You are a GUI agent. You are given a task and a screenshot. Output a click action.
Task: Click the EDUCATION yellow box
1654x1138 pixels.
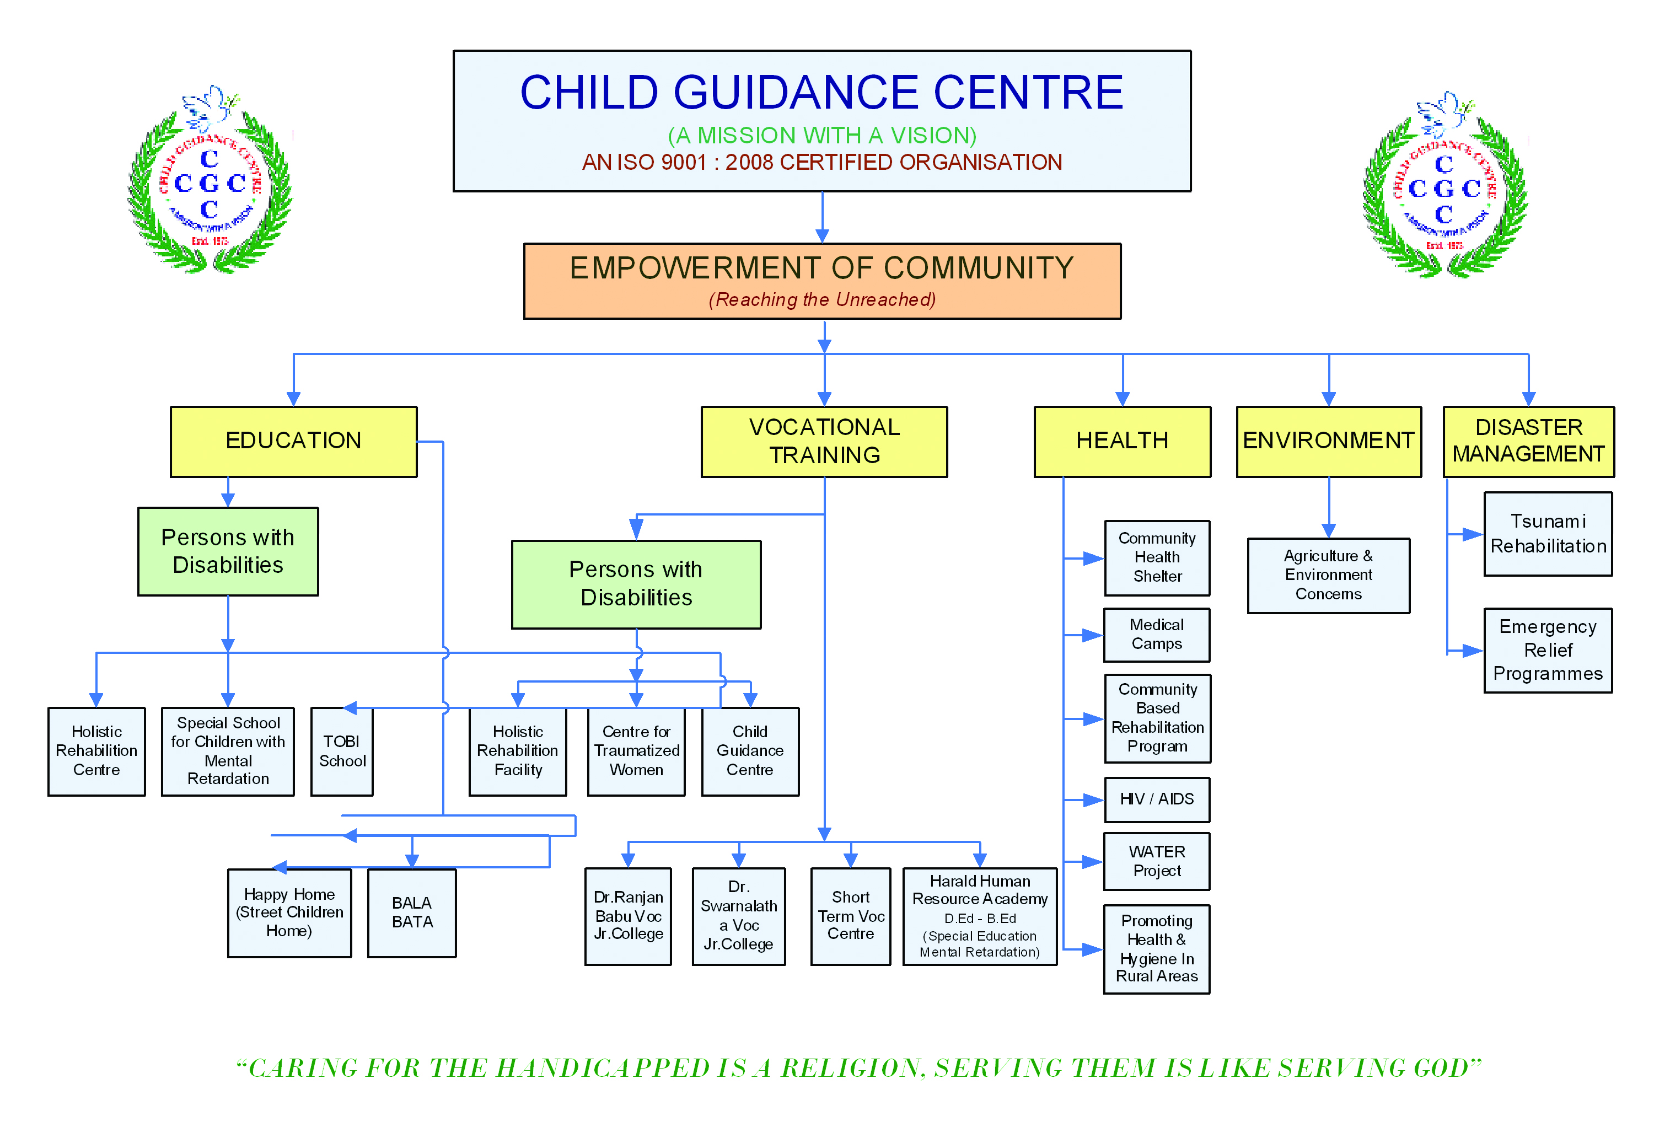294,442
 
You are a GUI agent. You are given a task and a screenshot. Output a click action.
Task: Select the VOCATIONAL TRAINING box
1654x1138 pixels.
824,442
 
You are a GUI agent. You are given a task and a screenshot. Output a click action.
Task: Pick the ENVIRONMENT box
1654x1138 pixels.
1329,442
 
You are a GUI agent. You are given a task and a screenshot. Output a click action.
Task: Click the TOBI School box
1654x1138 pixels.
342,751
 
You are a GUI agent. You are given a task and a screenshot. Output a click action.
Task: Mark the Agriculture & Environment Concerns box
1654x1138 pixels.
1329,576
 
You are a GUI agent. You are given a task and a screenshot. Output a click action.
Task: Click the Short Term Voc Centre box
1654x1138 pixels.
851,916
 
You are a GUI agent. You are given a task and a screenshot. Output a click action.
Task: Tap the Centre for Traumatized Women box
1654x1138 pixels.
637,751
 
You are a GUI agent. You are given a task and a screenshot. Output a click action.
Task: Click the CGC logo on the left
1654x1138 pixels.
210,181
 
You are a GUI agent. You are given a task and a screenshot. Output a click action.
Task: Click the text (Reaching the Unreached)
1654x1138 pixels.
822,299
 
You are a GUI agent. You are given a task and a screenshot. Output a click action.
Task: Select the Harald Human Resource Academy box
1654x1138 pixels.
980,916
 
